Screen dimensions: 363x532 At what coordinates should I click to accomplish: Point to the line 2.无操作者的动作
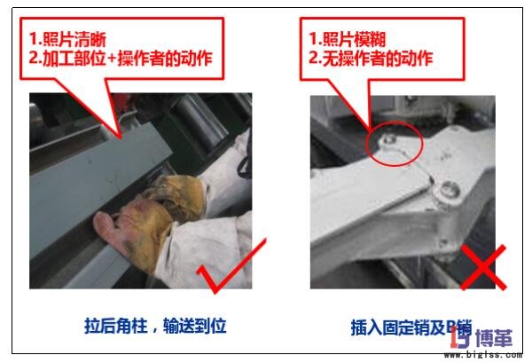coord(370,59)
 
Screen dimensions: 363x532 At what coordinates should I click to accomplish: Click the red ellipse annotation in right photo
coord(394,146)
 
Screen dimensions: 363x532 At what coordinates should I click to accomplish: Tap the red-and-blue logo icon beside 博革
coord(459,336)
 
